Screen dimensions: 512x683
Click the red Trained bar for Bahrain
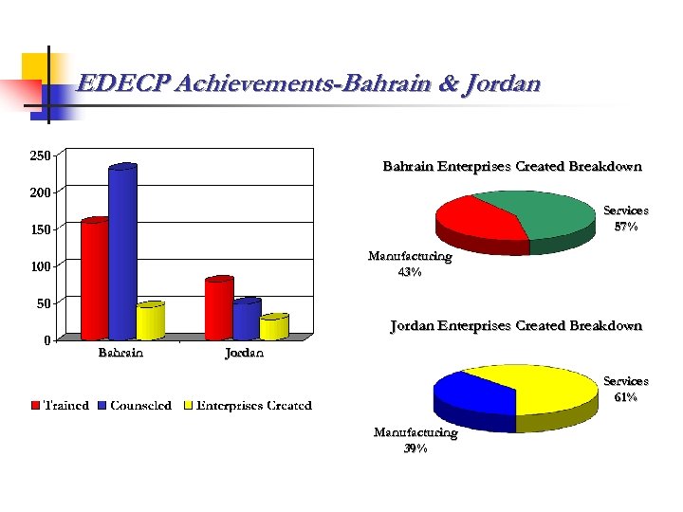coord(95,279)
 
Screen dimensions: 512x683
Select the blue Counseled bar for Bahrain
coord(122,253)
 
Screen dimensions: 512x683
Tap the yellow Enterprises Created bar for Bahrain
coord(150,321)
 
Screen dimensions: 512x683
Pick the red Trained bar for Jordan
coord(218,308)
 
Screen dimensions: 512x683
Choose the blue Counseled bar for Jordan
coord(246,320)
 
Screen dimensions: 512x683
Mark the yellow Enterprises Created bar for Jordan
coord(273,327)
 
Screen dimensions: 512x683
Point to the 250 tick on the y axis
coord(40,155)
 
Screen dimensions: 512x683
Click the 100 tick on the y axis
coord(40,266)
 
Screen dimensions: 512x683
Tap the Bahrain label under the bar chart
coord(121,354)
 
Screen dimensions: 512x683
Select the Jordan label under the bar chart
coord(244,354)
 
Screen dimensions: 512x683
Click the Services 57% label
coord(626,219)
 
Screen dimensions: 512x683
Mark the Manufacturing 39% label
coord(415,441)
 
